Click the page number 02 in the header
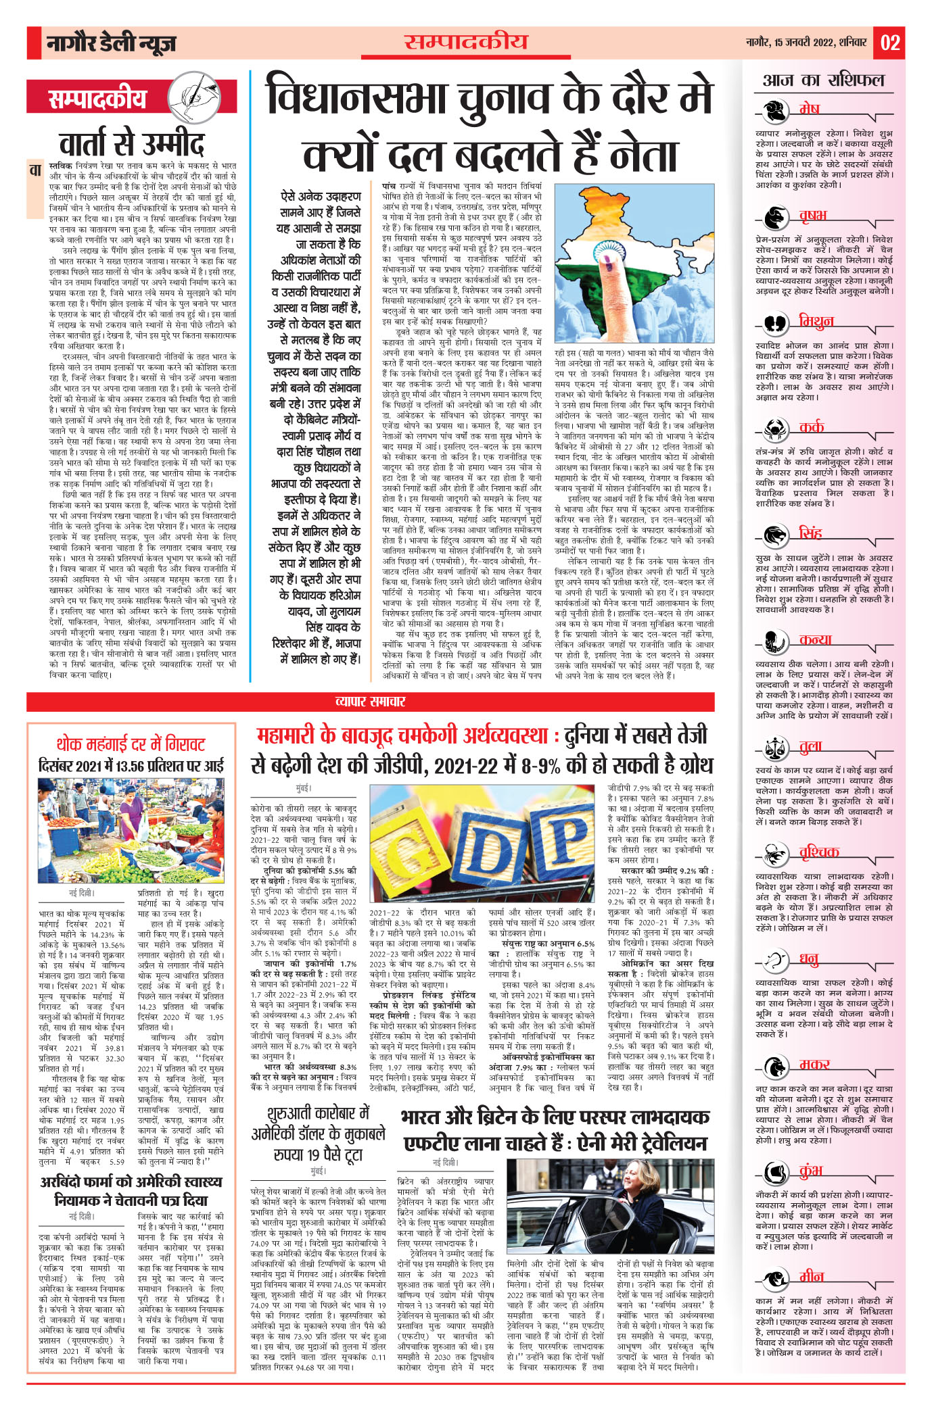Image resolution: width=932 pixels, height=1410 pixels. [890, 43]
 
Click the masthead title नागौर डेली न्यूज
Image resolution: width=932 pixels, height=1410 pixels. [112, 44]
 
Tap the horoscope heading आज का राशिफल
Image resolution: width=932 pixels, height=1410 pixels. [823, 80]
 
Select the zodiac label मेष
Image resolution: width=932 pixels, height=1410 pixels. [809, 108]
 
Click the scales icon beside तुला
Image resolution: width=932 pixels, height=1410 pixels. [775, 747]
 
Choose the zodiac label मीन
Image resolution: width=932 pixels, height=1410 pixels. [811, 1276]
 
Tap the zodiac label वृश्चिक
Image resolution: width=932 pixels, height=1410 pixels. [819, 852]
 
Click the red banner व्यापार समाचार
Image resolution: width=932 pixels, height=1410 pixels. [370, 701]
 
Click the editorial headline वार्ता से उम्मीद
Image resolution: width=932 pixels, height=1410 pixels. [132, 143]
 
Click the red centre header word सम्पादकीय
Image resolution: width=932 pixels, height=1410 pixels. [465, 43]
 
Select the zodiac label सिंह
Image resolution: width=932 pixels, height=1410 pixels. [810, 533]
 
